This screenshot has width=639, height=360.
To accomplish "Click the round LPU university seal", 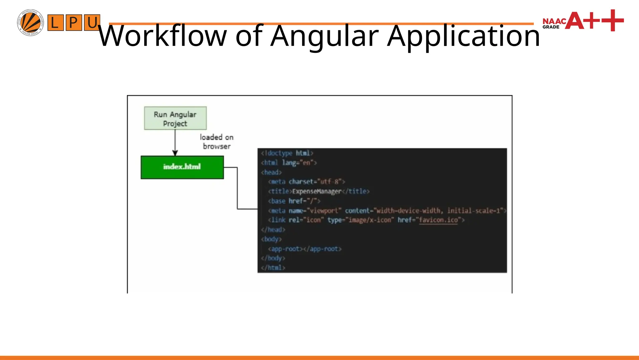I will click(30, 22).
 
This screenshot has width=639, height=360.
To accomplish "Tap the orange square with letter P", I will click(74, 22).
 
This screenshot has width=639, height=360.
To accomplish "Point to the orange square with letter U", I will click(92, 22).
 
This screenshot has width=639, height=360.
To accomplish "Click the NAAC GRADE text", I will click(554, 23).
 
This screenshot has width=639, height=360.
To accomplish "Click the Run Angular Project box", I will click(175, 118).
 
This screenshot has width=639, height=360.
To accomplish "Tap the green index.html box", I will click(182, 167).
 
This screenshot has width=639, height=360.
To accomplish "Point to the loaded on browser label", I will click(217, 142).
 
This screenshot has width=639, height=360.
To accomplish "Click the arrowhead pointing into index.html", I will click(175, 153).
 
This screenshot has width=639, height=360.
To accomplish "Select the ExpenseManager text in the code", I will click(317, 191).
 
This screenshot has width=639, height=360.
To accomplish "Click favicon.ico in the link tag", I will click(438, 220).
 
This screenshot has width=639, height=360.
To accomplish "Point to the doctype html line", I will click(287, 153).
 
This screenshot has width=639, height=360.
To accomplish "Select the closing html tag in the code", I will click(273, 267).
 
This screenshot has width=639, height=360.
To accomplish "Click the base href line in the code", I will click(294, 201).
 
